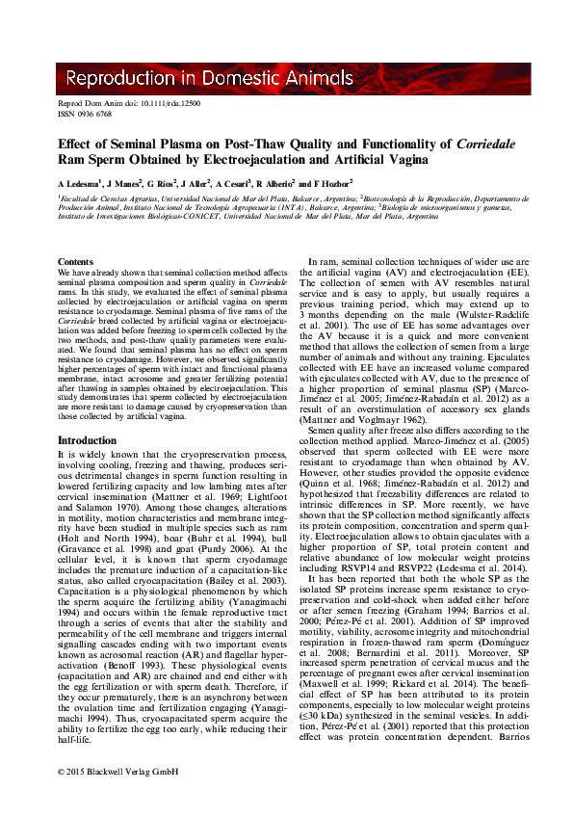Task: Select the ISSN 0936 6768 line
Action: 85,113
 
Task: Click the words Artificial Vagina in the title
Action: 373,159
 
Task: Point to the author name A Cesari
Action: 231,183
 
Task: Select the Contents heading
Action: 76,262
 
